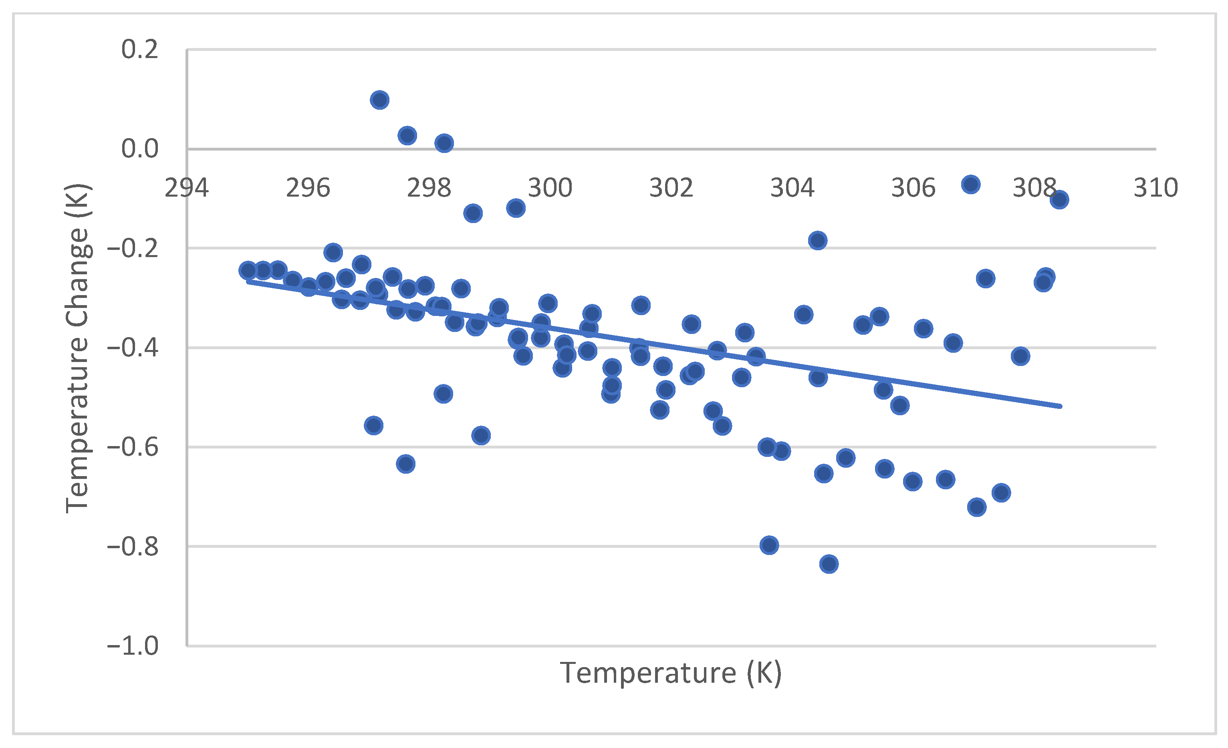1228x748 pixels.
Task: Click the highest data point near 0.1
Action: [x=379, y=100]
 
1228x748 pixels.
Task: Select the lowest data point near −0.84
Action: [x=828, y=564]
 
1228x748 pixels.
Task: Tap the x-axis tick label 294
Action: [x=187, y=188]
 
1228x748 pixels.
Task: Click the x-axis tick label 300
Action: [x=550, y=188]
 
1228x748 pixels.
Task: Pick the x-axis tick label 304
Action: [x=792, y=188]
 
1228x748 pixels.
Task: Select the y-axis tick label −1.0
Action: [x=133, y=646]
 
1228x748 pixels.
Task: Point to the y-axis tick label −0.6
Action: [x=133, y=447]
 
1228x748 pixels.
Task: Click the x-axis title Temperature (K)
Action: [x=671, y=673]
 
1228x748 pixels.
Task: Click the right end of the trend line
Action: [x=1060, y=406]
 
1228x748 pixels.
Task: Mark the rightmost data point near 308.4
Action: [x=1059, y=200]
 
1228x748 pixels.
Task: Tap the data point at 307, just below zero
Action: [x=970, y=185]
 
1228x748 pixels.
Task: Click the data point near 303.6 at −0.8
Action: [x=769, y=545]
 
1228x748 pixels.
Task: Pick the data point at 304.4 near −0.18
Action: [x=817, y=241]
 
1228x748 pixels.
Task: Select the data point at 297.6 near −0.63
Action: [x=406, y=464]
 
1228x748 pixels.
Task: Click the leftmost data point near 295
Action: [x=248, y=270]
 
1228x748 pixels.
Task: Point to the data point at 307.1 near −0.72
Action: [x=976, y=507]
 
